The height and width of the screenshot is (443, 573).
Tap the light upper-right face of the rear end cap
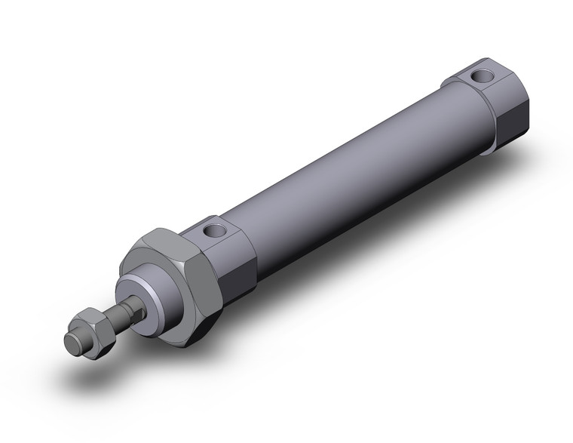tap(505, 75)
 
